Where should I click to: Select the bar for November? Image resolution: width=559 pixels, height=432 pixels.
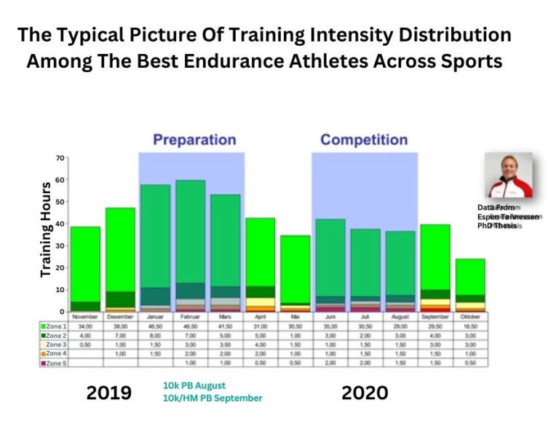coord(85,269)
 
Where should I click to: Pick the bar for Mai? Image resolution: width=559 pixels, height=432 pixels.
coord(295,273)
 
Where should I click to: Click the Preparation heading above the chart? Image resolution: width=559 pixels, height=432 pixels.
coord(194,139)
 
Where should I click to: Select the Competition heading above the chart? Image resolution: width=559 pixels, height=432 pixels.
coord(364,139)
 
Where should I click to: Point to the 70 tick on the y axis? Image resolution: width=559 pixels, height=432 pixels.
coord(60,158)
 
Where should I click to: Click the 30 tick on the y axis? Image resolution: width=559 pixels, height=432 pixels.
coord(60,246)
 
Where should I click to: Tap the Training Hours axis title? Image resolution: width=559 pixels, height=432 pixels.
coord(45,229)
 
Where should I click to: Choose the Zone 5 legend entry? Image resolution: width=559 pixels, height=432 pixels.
coord(55,362)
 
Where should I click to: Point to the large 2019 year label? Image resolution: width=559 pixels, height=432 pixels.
coord(109,393)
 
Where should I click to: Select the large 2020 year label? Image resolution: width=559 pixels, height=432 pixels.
coord(365,393)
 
